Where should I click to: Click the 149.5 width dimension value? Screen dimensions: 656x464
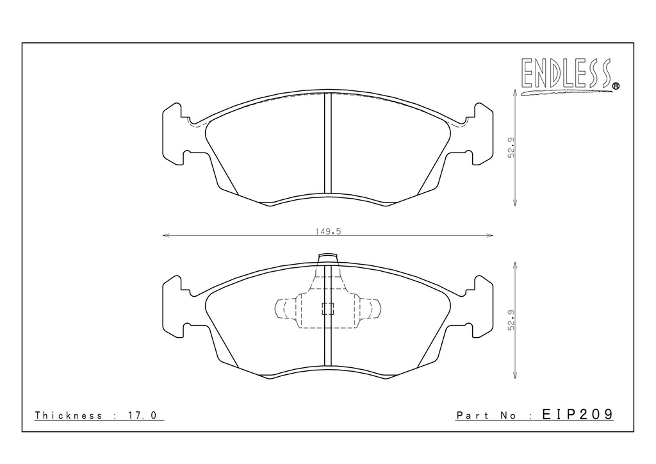click(329, 231)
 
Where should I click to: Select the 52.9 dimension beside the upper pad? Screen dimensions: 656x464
click(511, 147)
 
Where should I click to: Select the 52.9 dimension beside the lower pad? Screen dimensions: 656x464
click(511, 320)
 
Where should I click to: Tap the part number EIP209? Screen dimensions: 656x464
click(577, 414)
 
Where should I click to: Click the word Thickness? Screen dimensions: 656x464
click(69, 415)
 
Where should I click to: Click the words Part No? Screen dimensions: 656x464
click(487, 415)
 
